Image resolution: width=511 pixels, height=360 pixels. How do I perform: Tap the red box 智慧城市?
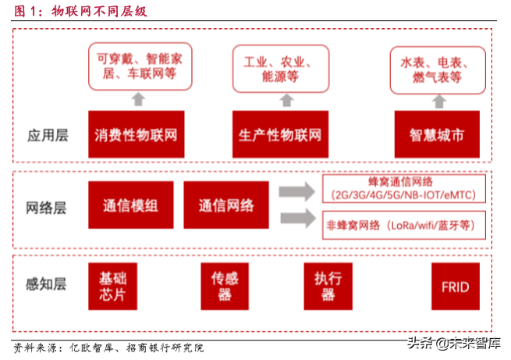point(438,134)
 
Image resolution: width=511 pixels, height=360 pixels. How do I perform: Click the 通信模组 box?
point(130,206)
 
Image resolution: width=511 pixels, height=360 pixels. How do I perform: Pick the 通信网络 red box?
point(226,206)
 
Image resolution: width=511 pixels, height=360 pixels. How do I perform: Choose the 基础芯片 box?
point(112,287)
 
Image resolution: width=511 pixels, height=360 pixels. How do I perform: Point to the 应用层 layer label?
point(48,135)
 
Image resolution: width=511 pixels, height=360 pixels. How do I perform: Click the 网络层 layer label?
point(48,208)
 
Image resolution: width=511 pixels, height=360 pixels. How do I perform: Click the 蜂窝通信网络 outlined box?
point(404,188)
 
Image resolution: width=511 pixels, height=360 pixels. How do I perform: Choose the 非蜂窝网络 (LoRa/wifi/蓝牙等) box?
point(404,225)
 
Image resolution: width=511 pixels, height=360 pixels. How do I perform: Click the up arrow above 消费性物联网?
point(138,98)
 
